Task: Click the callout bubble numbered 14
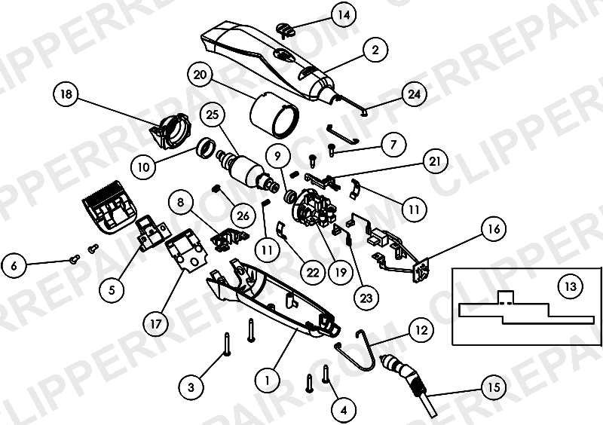(344, 15)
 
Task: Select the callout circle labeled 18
(66, 94)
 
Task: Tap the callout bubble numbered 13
(571, 286)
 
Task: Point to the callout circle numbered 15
(494, 387)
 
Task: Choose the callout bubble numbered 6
(14, 265)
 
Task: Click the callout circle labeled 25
(213, 115)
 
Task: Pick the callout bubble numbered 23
(366, 298)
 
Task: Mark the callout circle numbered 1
(268, 381)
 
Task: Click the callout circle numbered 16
(494, 229)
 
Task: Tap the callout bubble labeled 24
(414, 94)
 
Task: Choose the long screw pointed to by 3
(227, 344)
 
